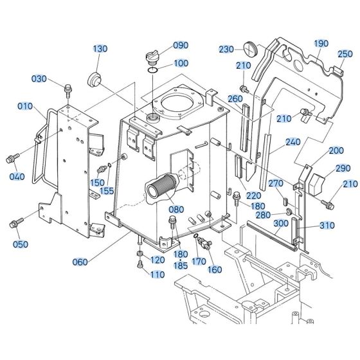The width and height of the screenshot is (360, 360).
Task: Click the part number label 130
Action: [x=100, y=49]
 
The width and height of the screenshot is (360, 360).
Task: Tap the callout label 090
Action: [x=181, y=46]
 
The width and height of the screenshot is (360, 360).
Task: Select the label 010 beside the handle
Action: [x=25, y=105]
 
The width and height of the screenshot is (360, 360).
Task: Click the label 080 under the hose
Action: [x=175, y=209]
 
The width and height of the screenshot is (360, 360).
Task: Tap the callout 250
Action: [x=345, y=54]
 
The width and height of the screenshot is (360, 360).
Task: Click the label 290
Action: [x=342, y=168]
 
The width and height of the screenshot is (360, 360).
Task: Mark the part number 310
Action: [x=328, y=226]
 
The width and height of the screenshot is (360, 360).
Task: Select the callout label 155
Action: [x=107, y=191]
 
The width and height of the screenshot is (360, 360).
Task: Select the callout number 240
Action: [x=293, y=142]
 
